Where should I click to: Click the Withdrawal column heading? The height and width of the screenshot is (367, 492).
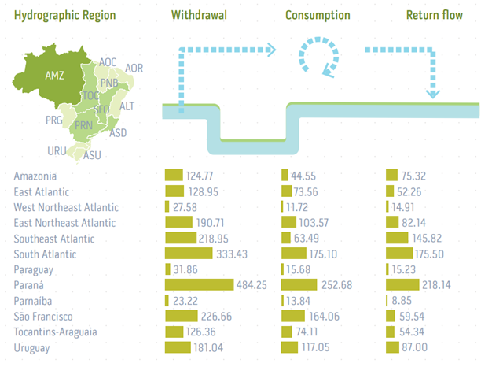(200, 15)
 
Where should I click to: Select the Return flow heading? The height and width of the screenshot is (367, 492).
(435, 15)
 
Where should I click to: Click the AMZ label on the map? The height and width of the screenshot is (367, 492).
(54, 76)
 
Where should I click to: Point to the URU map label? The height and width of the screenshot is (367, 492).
(57, 150)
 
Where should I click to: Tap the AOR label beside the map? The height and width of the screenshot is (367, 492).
(134, 68)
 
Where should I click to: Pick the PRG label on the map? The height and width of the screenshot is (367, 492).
(54, 120)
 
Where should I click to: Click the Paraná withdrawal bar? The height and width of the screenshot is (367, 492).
(199, 285)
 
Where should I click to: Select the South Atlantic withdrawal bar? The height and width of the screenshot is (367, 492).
(189, 254)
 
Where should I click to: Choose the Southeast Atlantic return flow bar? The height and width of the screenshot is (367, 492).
(402, 238)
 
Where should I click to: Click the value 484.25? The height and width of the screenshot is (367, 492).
(254, 285)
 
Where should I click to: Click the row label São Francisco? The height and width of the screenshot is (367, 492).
(45, 317)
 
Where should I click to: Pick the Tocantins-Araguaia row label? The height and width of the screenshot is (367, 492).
(56, 332)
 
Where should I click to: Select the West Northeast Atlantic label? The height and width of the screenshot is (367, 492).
(67, 207)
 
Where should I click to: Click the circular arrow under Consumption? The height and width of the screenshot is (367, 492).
(318, 57)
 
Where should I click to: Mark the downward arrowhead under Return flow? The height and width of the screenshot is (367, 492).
(431, 94)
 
